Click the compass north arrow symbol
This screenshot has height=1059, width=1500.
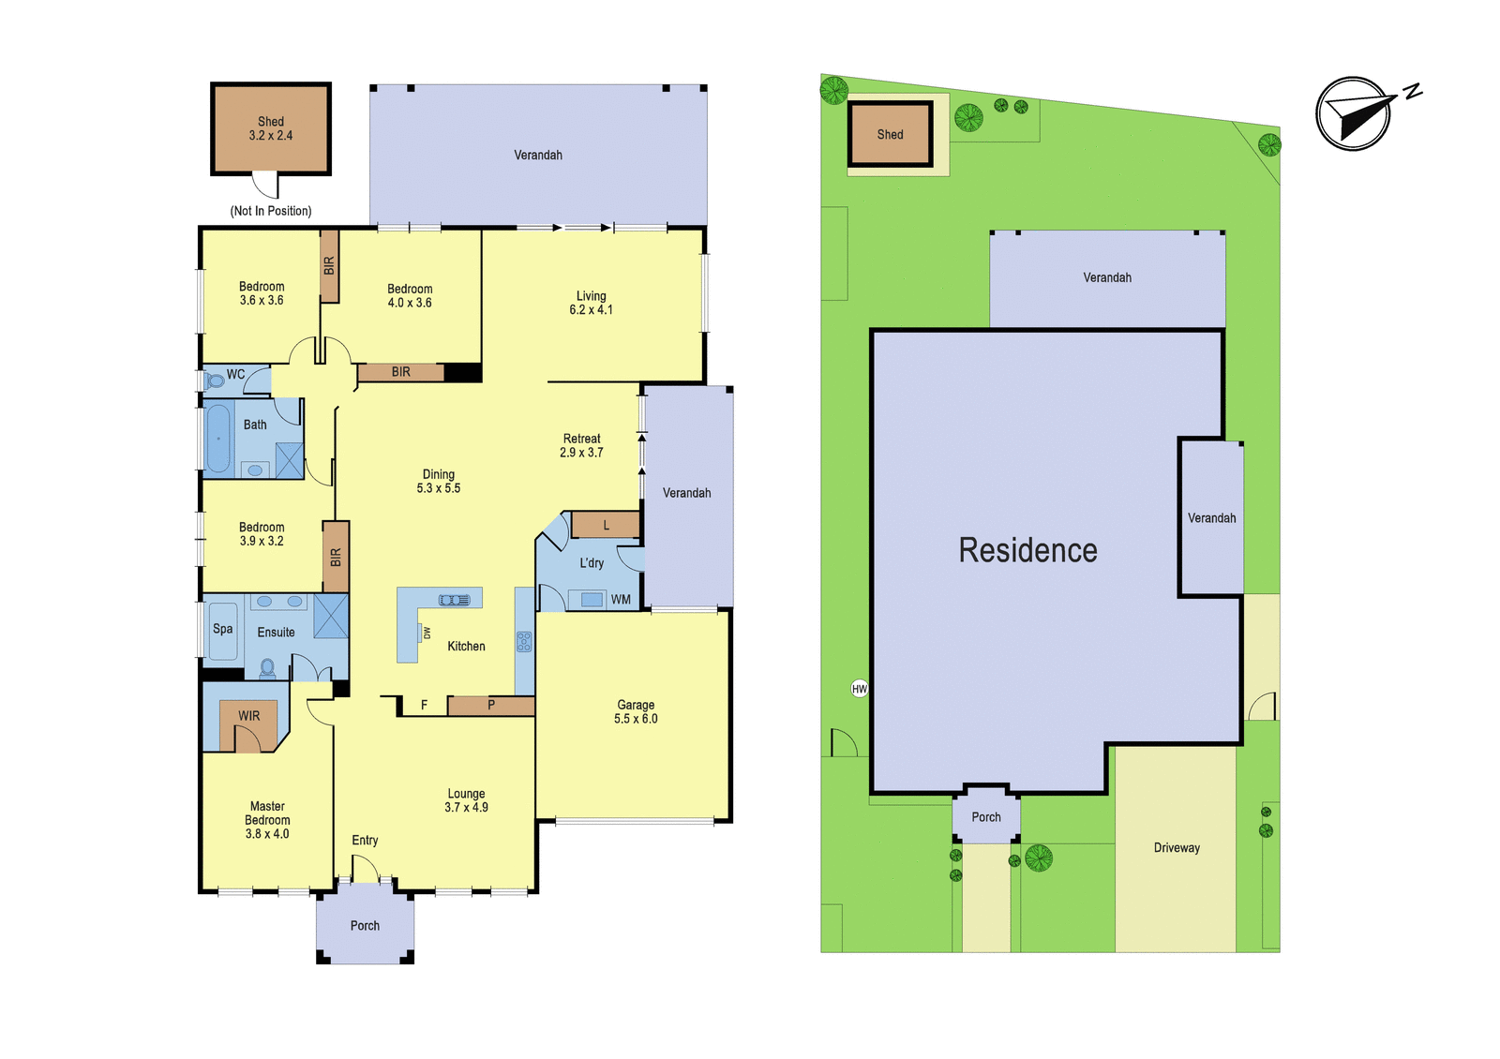[1360, 112]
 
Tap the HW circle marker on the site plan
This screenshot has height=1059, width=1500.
[859, 688]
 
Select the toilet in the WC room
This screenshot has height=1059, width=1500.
[215, 380]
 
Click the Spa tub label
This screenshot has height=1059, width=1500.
[222, 629]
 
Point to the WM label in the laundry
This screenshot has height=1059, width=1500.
[621, 600]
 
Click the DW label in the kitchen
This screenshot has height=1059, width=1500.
[427, 632]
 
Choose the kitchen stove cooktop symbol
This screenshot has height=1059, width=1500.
[524, 641]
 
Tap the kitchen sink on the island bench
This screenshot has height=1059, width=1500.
[454, 600]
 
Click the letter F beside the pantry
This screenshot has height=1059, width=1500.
[424, 704]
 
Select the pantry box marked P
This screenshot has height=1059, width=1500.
[491, 706]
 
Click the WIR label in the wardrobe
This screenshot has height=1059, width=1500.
[248, 716]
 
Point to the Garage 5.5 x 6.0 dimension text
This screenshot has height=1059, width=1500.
[636, 711]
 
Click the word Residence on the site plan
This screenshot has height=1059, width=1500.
[1027, 550]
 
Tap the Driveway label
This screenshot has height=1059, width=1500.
[1177, 847]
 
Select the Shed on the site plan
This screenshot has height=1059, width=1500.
[890, 134]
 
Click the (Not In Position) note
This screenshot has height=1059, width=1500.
[271, 211]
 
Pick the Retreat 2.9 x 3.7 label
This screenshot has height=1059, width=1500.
[581, 445]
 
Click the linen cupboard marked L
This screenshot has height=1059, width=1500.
[606, 524]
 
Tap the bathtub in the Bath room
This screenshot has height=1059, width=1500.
[217, 439]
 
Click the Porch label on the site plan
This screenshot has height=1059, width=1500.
[986, 817]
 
